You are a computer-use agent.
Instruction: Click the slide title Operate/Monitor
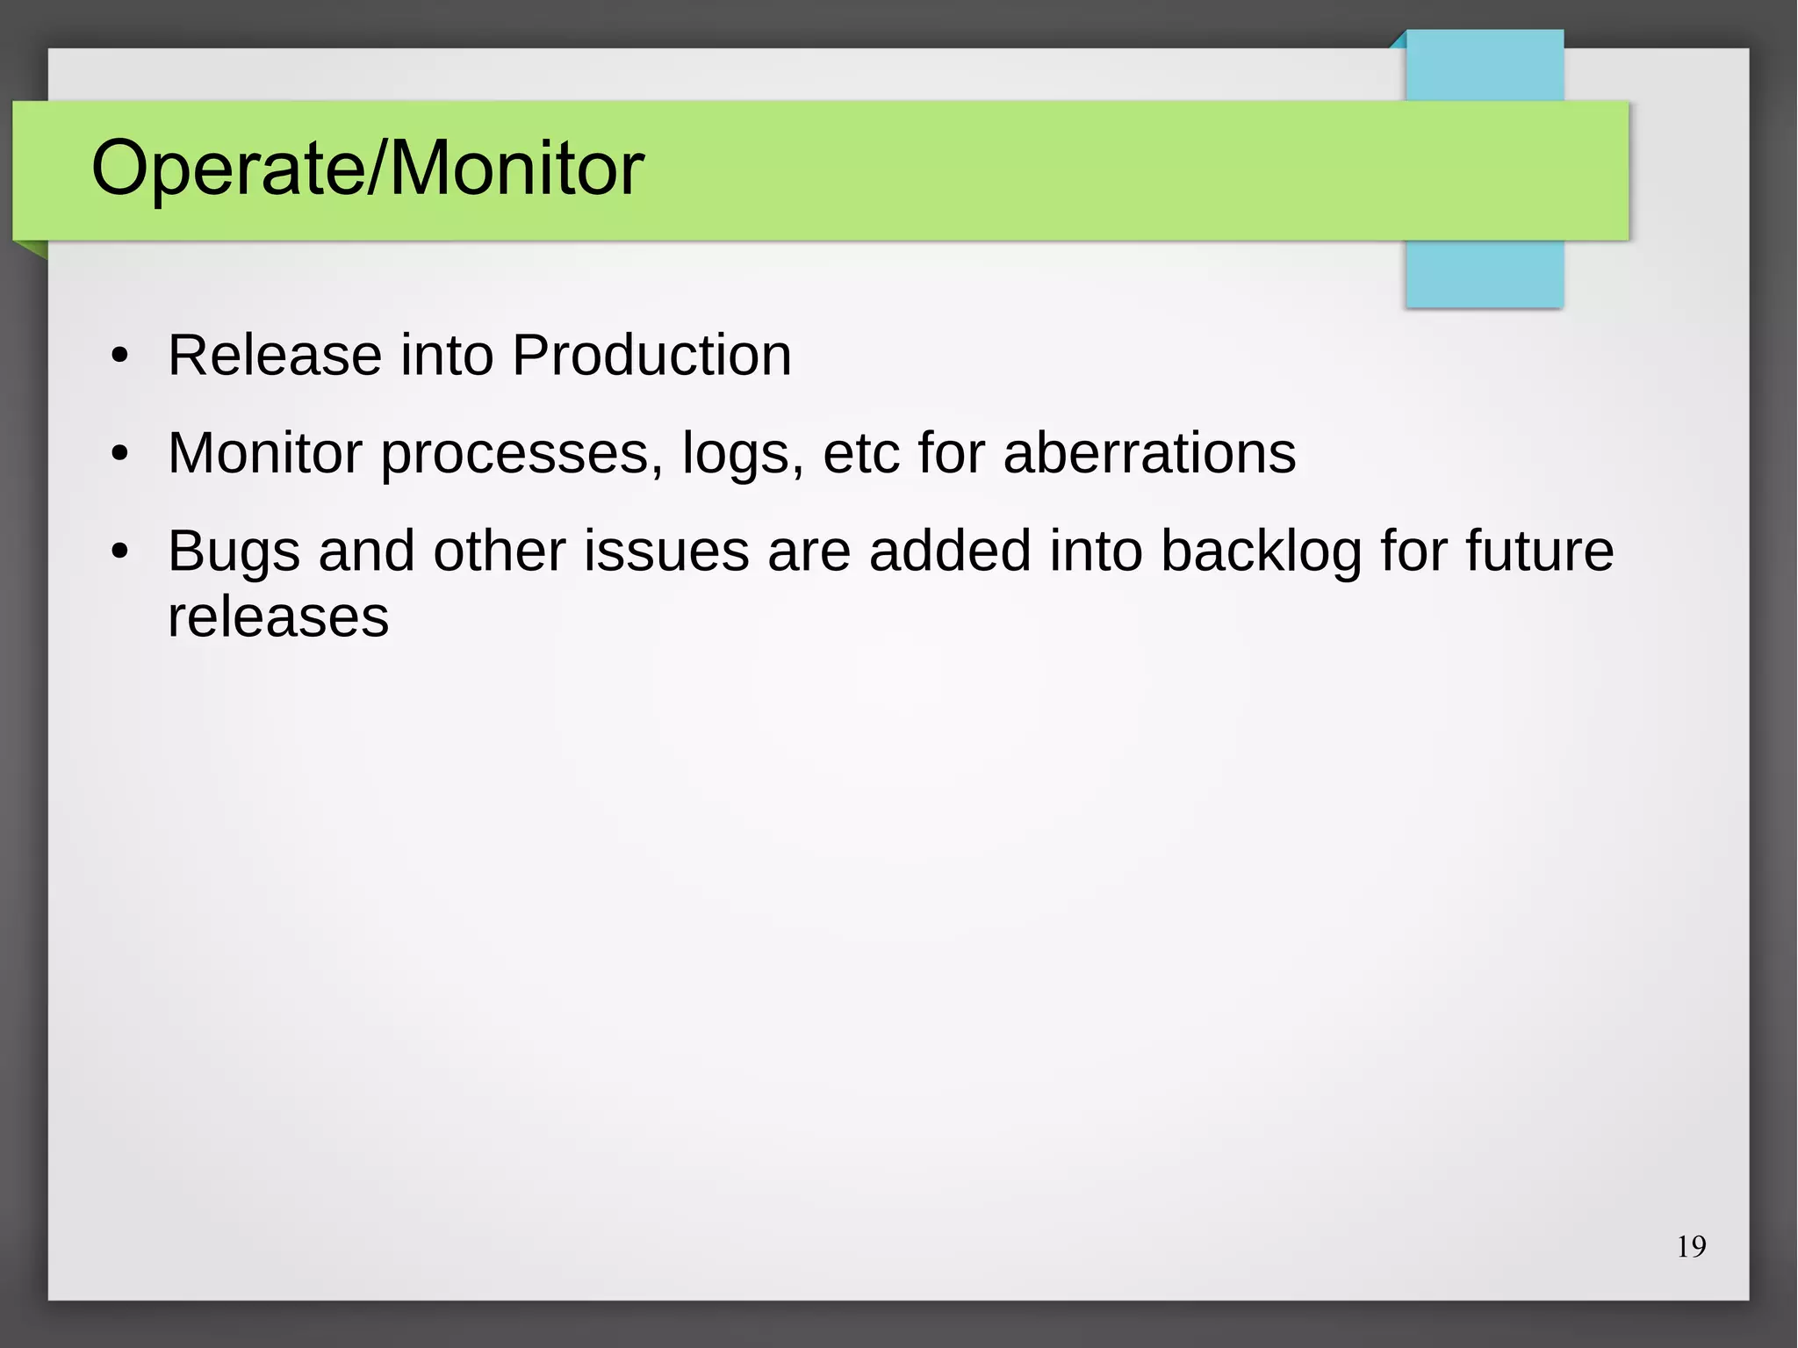(x=367, y=169)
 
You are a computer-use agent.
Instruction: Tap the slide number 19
(x=1691, y=1247)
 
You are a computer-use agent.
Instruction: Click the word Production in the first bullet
(x=651, y=356)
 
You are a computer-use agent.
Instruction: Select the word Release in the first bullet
(x=275, y=356)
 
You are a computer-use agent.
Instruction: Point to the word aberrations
(x=1149, y=453)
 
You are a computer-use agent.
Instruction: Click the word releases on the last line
(x=277, y=616)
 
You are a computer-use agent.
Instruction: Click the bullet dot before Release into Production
(x=120, y=357)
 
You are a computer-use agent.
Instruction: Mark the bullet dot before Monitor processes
(x=120, y=455)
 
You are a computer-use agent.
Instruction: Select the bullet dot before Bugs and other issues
(x=120, y=552)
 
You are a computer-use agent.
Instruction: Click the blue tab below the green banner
(x=1484, y=273)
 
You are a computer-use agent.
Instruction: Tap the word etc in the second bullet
(x=861, y=455)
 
